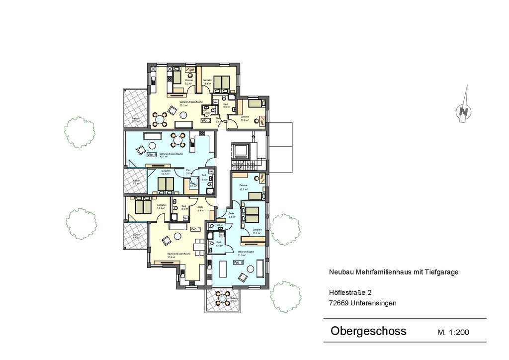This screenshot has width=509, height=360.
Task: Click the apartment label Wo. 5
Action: click(x=206, y=120)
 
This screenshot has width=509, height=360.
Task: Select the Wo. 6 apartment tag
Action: click(x=152, y=155)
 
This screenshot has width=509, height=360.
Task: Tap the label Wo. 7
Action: click(x=195, y=229)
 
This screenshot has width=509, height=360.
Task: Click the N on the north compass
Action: click(x=464, y=111)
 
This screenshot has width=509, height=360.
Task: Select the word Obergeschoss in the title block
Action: click(x=368, y=331)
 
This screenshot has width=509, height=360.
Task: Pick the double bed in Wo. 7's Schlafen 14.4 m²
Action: click(x=143, y=206)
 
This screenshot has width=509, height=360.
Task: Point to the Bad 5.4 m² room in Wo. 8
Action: click(x=219, y=244)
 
